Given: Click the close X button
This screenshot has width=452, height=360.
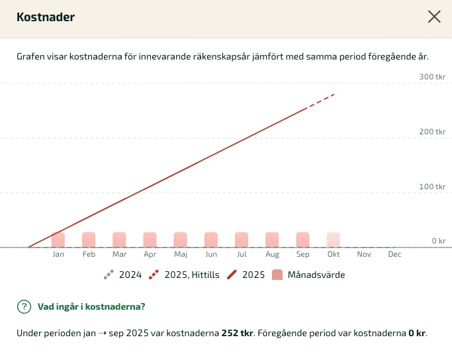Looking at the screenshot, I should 434,17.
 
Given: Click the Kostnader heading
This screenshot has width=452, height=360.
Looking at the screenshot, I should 46,17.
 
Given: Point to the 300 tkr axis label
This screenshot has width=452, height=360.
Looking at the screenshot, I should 432,77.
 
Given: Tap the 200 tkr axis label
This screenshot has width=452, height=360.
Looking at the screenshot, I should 432,132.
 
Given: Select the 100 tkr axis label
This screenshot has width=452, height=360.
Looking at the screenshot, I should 432,187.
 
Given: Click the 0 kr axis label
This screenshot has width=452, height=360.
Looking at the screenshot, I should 438,241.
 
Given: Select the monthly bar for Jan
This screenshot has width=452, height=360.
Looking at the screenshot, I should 58,240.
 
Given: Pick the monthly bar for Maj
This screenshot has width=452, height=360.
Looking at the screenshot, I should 180,240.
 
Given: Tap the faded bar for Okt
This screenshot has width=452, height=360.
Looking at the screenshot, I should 333,240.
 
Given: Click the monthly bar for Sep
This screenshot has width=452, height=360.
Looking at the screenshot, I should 302,240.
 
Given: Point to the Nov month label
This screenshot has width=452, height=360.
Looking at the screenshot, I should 364,254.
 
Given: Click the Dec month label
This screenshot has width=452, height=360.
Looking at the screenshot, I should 394,254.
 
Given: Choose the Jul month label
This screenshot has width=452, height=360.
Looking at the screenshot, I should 242,254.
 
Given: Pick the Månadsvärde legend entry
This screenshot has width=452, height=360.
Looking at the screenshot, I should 308,275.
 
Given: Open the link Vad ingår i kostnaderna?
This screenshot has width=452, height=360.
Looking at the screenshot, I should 91,306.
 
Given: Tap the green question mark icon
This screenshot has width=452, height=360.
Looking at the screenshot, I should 24,306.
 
